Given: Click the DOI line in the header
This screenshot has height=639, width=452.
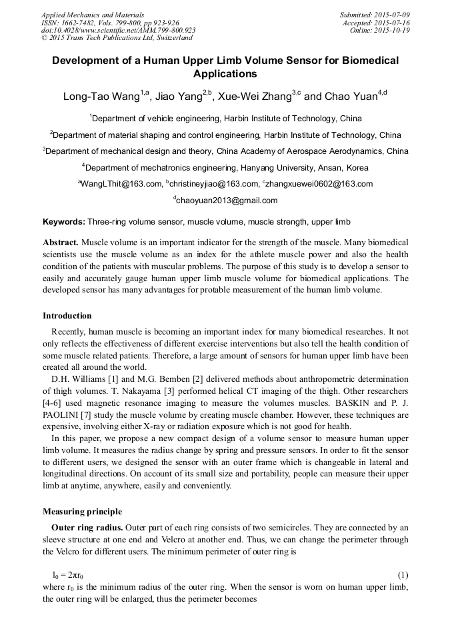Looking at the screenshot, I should (x=119, y=31).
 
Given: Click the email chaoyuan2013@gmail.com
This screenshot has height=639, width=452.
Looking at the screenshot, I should (x=227, y=201).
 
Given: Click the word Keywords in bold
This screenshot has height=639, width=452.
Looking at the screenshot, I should (x=63, y=221).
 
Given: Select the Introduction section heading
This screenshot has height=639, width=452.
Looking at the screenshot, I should (x=67, y=316).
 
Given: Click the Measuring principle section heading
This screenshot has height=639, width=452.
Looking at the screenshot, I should (x=82, y=512).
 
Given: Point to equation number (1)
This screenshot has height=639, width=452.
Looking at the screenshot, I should (x=403, y=574).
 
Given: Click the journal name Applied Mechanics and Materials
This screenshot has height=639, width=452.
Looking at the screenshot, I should (x=92, y=15).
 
